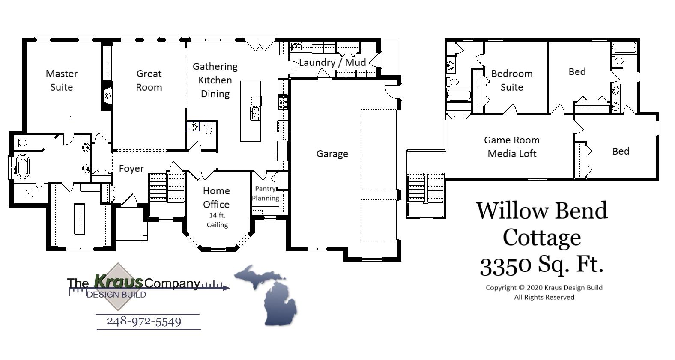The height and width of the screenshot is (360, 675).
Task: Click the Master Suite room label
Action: click(x=62, y=80)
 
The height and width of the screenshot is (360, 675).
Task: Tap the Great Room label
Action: click(x=149, y=80)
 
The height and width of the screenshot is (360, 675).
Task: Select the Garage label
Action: click(x=332, y=154)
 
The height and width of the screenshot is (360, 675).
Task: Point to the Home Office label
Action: click(x=216, y=197)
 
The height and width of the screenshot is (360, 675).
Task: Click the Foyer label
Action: click(x=131, y=169)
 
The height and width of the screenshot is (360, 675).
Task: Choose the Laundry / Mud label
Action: click(x=332, y=62)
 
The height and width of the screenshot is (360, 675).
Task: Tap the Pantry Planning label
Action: click(x=266, y=193)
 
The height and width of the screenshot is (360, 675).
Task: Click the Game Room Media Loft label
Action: click(x=512, y=147)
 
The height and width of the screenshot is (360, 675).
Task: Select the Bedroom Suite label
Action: click(x=512, y=80)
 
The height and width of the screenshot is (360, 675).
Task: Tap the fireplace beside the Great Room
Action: click(x=107, y=96)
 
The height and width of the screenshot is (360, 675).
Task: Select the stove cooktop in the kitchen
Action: click(x=283, y=102)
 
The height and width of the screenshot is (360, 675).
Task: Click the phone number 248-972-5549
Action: click(x=144, y=321)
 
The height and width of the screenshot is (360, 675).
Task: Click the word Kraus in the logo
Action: click(x=118, y=282)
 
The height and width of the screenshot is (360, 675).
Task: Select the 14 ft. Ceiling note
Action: click(x=217, y=220)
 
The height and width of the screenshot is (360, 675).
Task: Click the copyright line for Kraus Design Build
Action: click(x=544, y=288)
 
